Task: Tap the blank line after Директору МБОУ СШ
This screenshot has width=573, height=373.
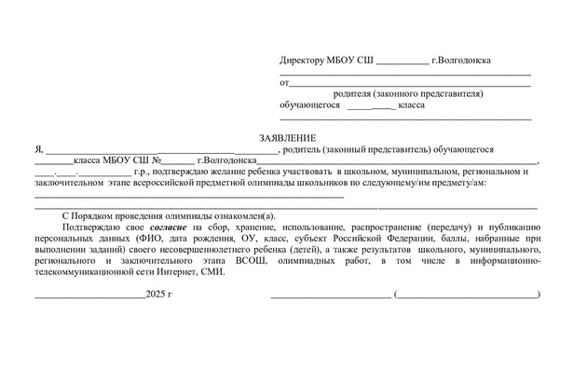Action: [x=402, y=62]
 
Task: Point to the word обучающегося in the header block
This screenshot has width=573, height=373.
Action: [x=309, y=105]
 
